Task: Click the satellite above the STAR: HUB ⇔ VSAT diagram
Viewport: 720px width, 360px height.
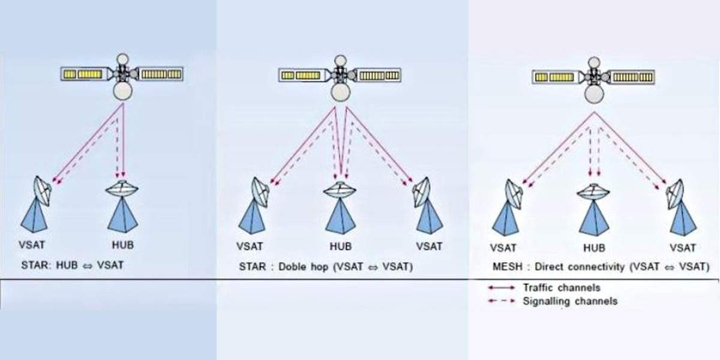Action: pos(122,75)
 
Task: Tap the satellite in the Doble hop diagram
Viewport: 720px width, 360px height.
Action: pos(340,76)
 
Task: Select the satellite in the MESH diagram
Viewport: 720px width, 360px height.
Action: pos(594,77)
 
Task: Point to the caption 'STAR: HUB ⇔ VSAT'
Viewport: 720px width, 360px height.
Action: pos(73,264)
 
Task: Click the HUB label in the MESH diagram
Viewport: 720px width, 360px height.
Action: pos(593,248)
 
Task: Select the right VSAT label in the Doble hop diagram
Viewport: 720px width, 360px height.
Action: pos(428,246)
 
